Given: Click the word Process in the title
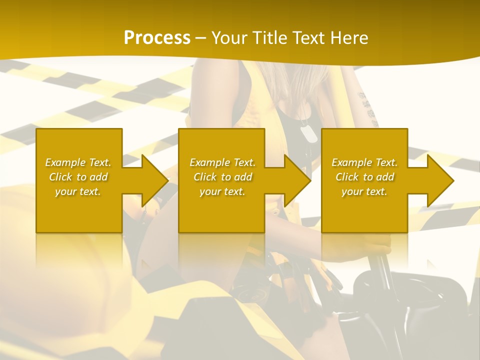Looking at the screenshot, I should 157,38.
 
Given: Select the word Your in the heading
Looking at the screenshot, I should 229,38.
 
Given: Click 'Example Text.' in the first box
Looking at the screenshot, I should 78,162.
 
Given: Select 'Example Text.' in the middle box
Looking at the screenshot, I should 222,162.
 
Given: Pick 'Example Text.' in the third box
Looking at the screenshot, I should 364,162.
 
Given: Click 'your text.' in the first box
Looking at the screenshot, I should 78,191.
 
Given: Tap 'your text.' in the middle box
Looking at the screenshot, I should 222,191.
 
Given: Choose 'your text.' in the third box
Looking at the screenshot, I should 364,191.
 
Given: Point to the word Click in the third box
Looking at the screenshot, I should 347,177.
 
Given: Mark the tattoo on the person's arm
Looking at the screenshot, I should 368,107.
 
